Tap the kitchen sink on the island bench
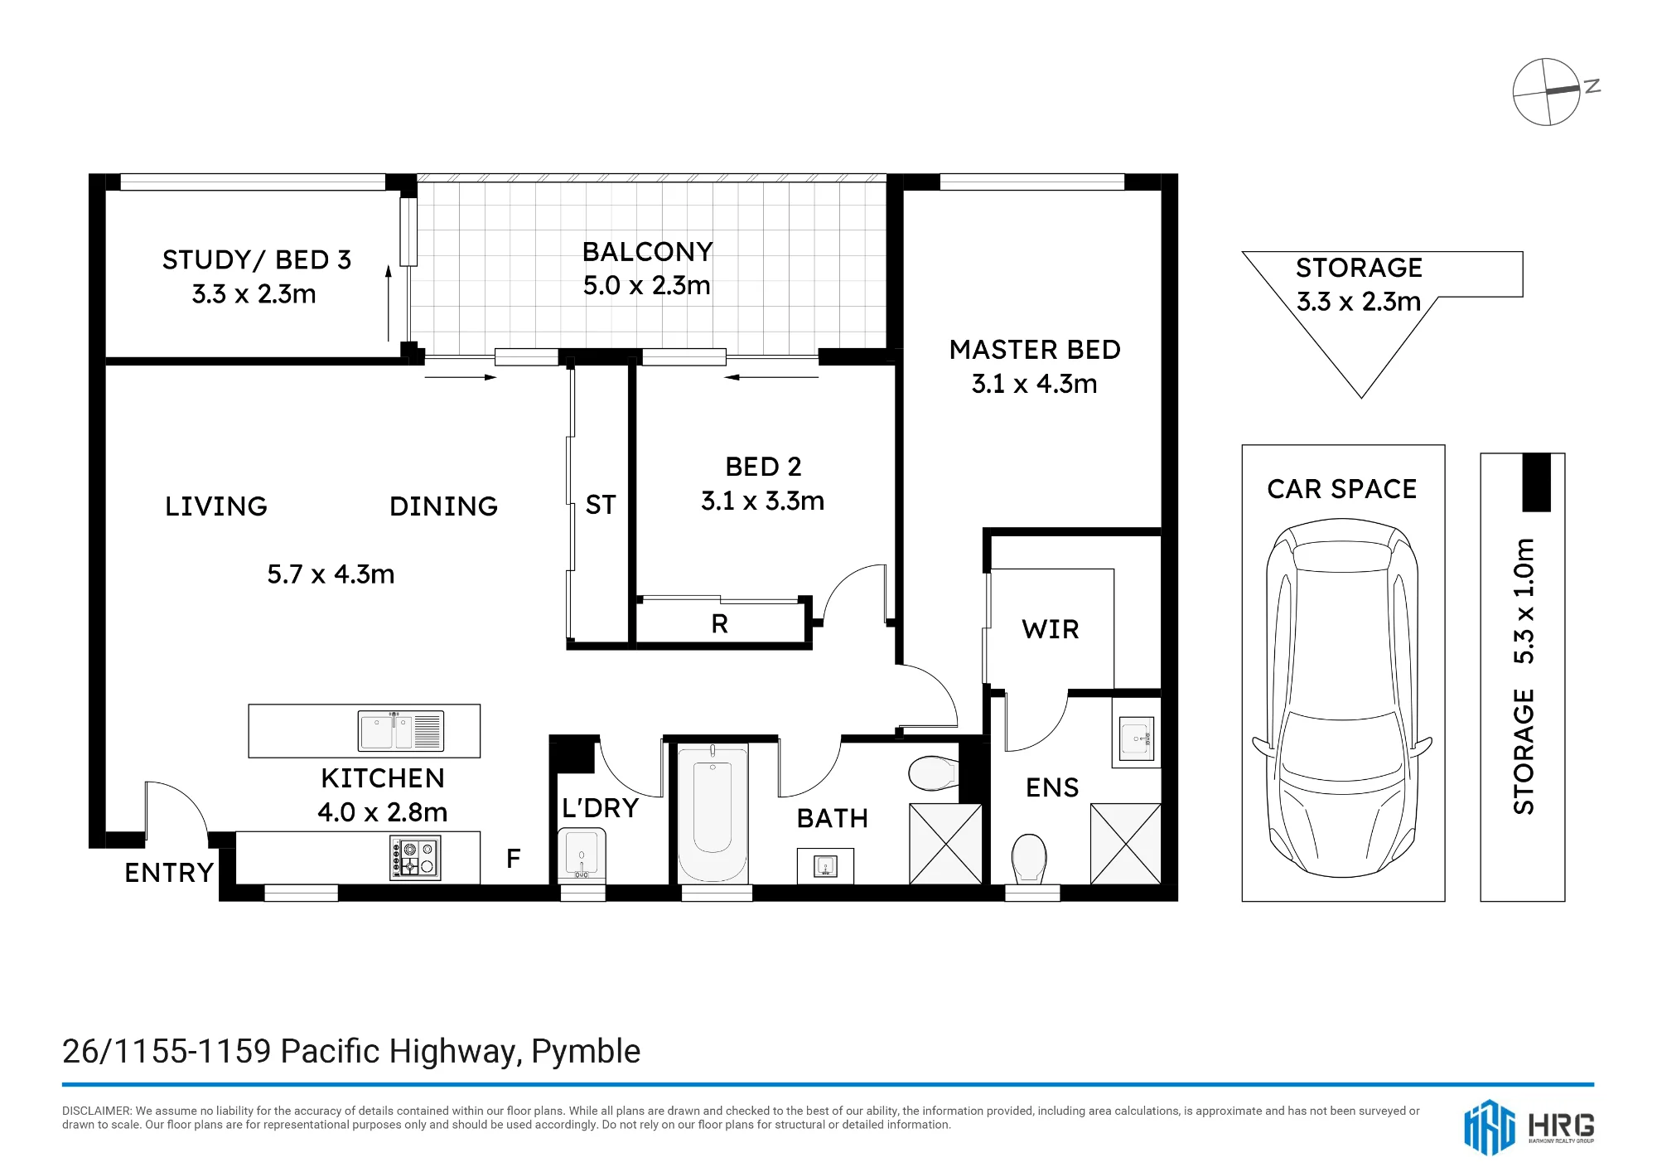tap(401, 731)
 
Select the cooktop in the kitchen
tap(415, 858)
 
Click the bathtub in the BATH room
tap(713, 812)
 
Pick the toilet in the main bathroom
tap(934, 772)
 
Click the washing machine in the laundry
tap(582, 855)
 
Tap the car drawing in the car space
tap(1342, 697)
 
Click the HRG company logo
tap(1529, 1127)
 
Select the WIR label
tap(1051, 629)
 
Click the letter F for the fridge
tap(514, 858)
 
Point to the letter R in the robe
tap(719, 623)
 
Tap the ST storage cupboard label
tap(601, 505)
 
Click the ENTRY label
tap(169, 873)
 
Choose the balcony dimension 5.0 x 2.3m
tap(647, 286)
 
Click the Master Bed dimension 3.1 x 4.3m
tap(1034, 384)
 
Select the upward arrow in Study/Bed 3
tap(388, 303)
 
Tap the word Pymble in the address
tap(586, 1052)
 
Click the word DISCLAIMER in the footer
tap(96, 1111)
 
